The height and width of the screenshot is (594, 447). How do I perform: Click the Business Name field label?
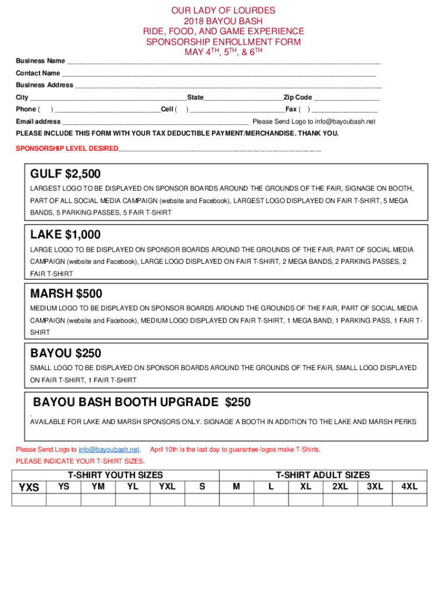tap(40, 61)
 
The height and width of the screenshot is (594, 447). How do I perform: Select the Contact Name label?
tap(38, 73)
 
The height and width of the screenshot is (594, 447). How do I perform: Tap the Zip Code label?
tap(298, 97)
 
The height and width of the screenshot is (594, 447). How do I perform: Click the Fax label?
tap(291, 109)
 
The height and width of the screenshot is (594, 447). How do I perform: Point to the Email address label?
tap(38, 122)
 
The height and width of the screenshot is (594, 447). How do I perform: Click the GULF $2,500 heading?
tap(65, 174)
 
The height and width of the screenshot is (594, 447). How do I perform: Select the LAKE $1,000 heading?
tap(65, 235)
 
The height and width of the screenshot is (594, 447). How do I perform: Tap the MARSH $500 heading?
tap(66, 294)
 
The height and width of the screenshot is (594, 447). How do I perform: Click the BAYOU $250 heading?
tap(66, 353)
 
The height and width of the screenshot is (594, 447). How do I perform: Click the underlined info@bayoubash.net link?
tap(109, 450)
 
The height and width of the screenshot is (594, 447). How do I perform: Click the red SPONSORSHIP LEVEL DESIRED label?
tap(66, 148)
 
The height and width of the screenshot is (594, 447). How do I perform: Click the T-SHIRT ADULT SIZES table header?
tap(323, 475)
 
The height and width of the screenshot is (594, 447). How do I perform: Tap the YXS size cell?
tap(29, 487)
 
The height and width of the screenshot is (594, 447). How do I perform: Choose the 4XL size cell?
tap(409, 487)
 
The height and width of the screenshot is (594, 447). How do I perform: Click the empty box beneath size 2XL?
tap(340, 499)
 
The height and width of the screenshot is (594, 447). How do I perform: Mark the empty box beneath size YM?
tap(98, 499)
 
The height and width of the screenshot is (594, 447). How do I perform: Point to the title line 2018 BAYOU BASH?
tap(223, 21)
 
